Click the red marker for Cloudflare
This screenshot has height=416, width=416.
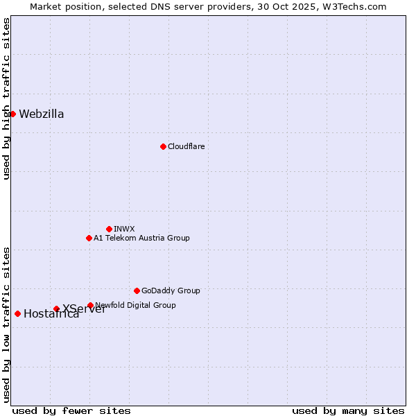click(163, 146)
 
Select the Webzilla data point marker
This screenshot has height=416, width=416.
click(12, 114)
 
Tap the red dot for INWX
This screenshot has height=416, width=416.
click(109, 229)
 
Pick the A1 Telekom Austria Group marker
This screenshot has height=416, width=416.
click(89, 238)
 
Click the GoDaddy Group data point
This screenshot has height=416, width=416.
click(137, 291)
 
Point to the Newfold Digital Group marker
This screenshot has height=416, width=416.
click(90, 305)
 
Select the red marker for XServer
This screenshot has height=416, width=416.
click(56, 309)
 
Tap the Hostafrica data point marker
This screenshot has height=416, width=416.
click(17, 313)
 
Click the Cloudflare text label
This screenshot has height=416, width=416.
click(186, 146)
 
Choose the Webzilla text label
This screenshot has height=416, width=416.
click(42, 114)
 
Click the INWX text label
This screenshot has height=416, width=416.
click(124, 229)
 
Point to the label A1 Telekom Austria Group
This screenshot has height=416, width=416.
click(141, 238)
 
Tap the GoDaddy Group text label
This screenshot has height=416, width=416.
click(171, 291)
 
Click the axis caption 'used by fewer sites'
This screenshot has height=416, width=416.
click(71, 410)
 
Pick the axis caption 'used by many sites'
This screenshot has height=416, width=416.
click(348, 410)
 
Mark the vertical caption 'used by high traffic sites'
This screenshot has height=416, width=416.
click(6, 98)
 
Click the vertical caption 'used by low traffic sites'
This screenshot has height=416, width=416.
click(6, 324)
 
